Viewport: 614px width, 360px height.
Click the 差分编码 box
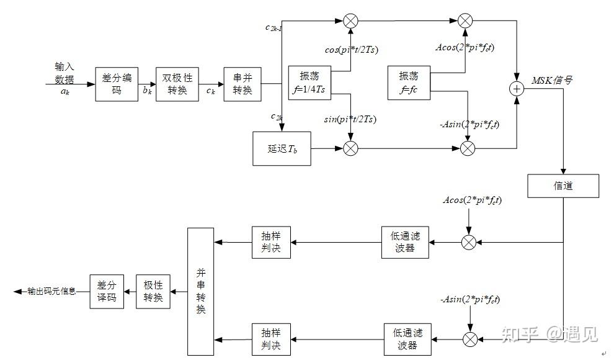point(117,84)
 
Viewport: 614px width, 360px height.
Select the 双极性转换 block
point(177,84)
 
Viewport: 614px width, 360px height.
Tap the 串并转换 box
point(242,84)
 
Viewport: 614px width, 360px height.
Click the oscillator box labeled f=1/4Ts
point(309,83)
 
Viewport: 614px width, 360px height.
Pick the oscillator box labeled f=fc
point(409,83)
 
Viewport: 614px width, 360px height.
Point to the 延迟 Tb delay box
point(282,149)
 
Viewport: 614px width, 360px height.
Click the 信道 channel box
point(563,186)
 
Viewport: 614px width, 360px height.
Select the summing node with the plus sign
point(517,89)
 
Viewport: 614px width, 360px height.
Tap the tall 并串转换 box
point(201,292)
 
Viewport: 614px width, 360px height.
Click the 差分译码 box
point(107,292)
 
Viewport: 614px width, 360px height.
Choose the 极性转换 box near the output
point(153,292)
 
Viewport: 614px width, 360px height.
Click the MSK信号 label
point(552,81)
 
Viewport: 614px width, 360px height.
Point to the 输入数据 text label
point(65,73)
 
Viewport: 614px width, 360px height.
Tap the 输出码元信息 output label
point(51,292)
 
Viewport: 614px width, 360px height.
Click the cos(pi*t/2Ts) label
point(351,50)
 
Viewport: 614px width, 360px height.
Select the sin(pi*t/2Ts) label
point(350,119)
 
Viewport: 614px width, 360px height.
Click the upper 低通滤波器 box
point(405,243)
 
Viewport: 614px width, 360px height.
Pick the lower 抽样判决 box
point(272,340)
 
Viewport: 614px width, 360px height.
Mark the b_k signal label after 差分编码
point(147,91)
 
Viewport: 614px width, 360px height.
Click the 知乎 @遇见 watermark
point(549,335)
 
